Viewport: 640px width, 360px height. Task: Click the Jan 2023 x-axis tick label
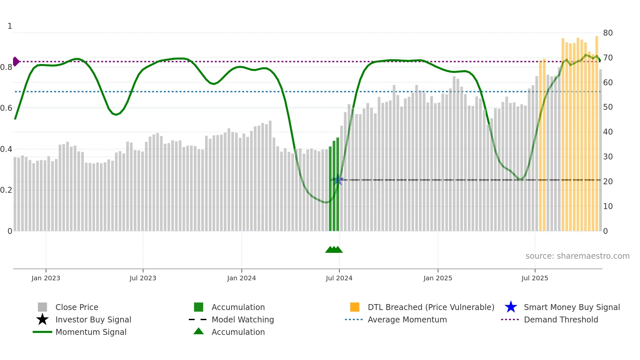[x=46, y=278]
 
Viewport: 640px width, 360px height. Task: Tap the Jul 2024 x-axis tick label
[x=339, y=278]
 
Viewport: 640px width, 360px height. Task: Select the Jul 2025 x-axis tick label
[x=535, y=278]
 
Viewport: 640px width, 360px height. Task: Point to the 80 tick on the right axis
[x=608, y=33]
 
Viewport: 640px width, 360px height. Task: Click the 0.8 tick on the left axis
[x=6, y=67]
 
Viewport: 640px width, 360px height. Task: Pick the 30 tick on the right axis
[x=608, y=157]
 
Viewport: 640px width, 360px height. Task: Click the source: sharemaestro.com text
[x=577, y=256]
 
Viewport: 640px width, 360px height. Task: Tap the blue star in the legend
[x=511, y=307]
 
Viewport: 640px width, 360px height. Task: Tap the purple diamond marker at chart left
[x=16, y=61]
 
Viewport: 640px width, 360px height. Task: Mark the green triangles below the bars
[x=334, y=250]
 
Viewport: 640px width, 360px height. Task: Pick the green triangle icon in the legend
[x=199, y=331]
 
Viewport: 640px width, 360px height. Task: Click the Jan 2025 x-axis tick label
[x=438, y=278]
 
